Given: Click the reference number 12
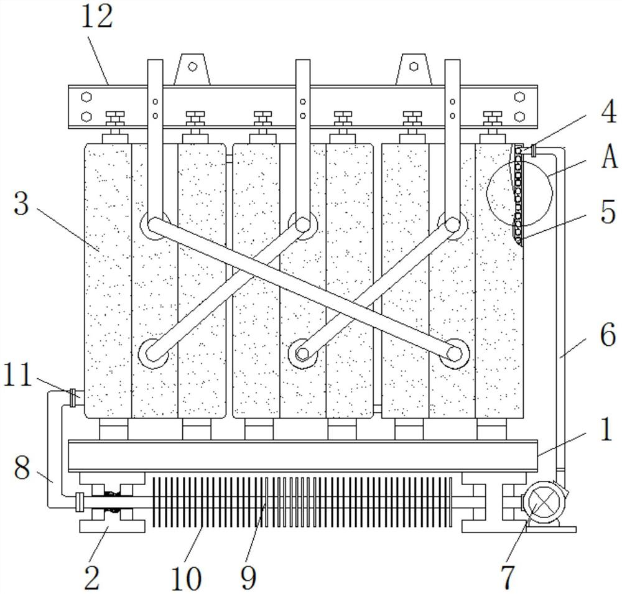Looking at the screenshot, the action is (x=97, y=17).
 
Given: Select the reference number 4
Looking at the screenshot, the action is (x=608, y=112).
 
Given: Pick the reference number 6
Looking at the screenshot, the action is (x=608, y=335).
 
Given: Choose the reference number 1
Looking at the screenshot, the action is (x=606, y=429).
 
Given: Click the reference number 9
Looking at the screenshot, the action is (x=249, y=577).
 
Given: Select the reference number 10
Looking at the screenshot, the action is (x=186, y=577).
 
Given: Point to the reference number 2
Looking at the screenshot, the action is (x=92, y=577).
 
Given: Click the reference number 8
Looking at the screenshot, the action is (x=22, y=467).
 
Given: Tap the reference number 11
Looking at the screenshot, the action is (x=17, y=375).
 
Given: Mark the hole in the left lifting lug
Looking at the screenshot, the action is (x=192, y=67).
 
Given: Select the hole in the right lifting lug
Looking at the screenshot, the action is (x=414, y=67).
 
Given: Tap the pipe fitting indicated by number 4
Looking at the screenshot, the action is (x=533, y=151).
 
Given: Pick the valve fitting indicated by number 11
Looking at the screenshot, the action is (x=73, y=397).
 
